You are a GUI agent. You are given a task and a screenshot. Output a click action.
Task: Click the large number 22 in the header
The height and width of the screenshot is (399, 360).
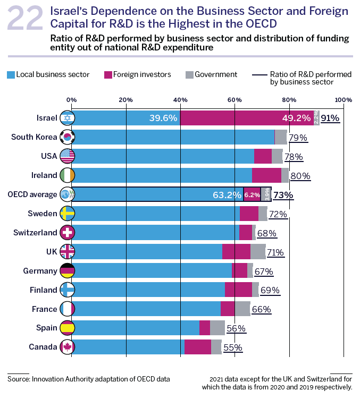[x=25, y=20]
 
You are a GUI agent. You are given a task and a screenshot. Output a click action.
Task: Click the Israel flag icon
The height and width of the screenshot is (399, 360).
[x=68, y=118]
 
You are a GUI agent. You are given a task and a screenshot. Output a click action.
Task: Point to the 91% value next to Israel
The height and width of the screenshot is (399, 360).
[x=330, y=118]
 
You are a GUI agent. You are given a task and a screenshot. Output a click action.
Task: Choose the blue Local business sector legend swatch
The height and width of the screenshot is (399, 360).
[x=11, y=74]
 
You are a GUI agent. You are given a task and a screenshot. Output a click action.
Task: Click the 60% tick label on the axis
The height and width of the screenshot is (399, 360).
[x=235, y=100]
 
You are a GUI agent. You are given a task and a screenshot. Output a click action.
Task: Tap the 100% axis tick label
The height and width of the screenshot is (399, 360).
[x=344, y=100]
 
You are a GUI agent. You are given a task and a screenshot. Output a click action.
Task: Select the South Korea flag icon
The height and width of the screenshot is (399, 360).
[x=68, y=137]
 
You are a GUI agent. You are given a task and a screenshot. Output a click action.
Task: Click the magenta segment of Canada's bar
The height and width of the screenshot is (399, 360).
[x=197, y=347]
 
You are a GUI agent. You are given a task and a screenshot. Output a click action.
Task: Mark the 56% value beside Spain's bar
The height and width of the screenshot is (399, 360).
[x=236, y=328]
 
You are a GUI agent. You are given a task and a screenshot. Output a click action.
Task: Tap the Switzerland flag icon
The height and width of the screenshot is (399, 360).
[x=68, y=233]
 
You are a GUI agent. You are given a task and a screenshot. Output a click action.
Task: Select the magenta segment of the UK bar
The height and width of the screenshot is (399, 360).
[x=236, y=252]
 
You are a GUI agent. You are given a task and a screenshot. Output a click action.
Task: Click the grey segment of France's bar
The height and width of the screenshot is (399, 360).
[x=242, y=309]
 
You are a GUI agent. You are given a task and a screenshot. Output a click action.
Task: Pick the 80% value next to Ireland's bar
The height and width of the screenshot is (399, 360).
[x=300, y=176]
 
